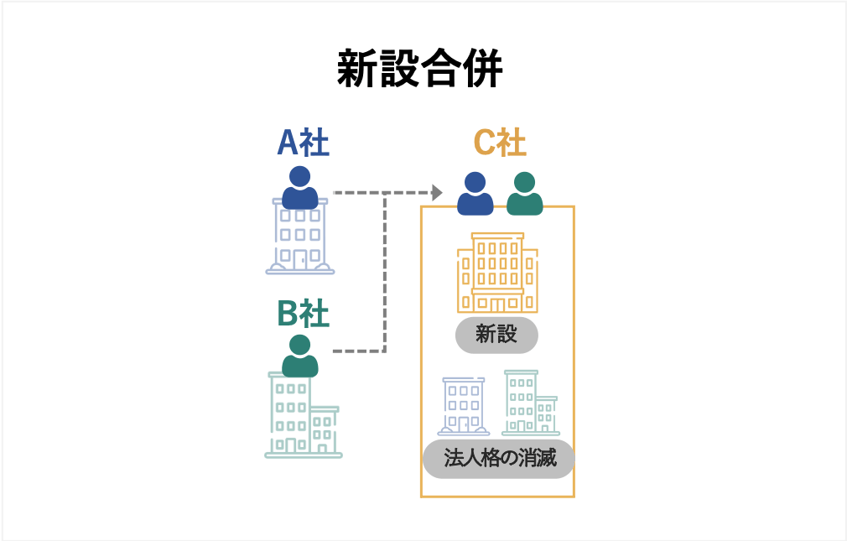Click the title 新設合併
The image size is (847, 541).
(419, 70)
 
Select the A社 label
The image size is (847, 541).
(303, 143)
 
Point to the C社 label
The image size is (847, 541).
(500, 143)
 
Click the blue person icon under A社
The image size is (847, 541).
(299, 188)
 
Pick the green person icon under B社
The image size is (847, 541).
(299, 356)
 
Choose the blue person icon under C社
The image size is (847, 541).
(475, 194)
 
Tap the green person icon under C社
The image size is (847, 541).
(525, 194)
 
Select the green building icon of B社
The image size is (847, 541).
(303, 415)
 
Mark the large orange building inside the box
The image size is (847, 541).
(497, 272)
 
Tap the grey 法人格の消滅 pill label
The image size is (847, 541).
(498, 459)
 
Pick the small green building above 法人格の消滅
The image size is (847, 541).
(528, 403)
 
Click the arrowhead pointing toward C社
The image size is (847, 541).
(436, 193)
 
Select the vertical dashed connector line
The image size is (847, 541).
(384, 268)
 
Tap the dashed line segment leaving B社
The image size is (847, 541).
(356, 350)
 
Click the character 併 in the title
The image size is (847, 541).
(482, 70)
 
